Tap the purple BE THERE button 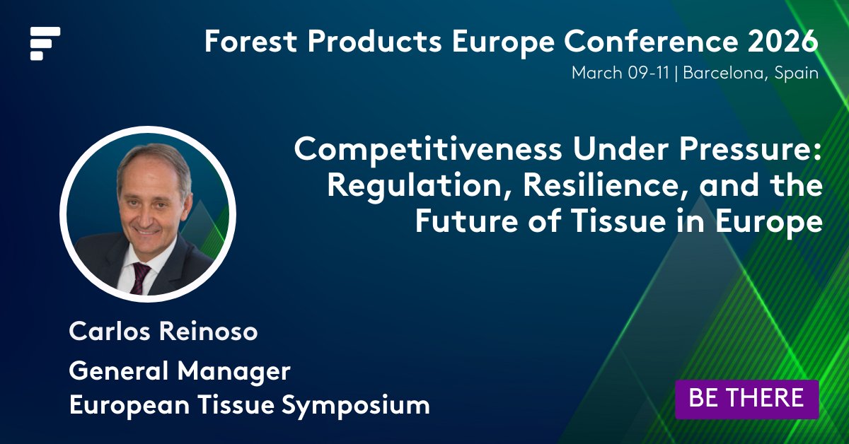pos(746,398)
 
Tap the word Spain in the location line pos(796,73)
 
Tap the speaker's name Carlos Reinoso pos(163,332)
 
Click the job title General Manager pos(180,370)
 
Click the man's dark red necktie pos(139,277)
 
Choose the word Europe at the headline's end pos(773,222)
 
